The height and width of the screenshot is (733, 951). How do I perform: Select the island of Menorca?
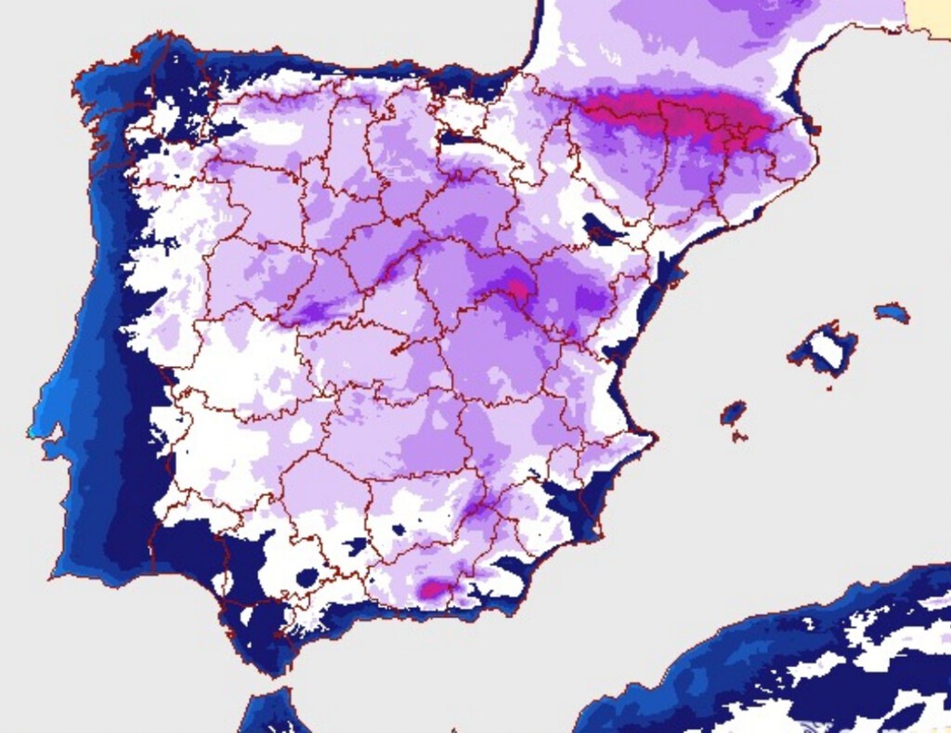[x=892, y=313]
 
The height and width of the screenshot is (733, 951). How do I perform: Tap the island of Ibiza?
[x=734, y=412]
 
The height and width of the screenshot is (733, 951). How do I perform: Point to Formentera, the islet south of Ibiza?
[x=738, y=437]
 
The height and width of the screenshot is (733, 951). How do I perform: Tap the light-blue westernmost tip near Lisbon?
[x=34, y=430]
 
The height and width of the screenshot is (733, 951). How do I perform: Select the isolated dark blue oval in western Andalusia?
[x=307, y=578]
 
